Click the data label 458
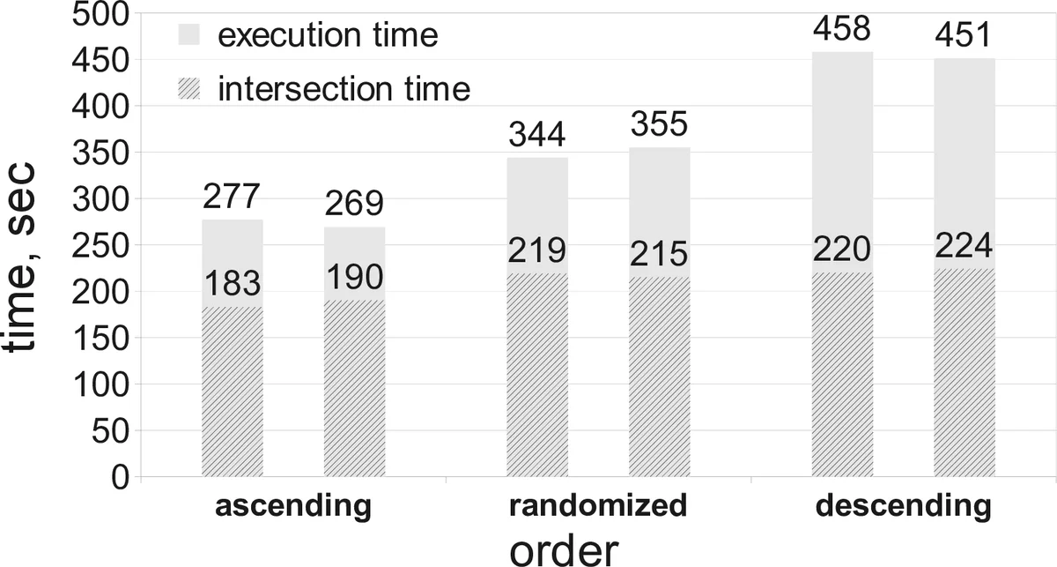841,29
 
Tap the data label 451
964,36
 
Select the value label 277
233,198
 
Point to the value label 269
354,205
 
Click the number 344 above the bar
537,136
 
